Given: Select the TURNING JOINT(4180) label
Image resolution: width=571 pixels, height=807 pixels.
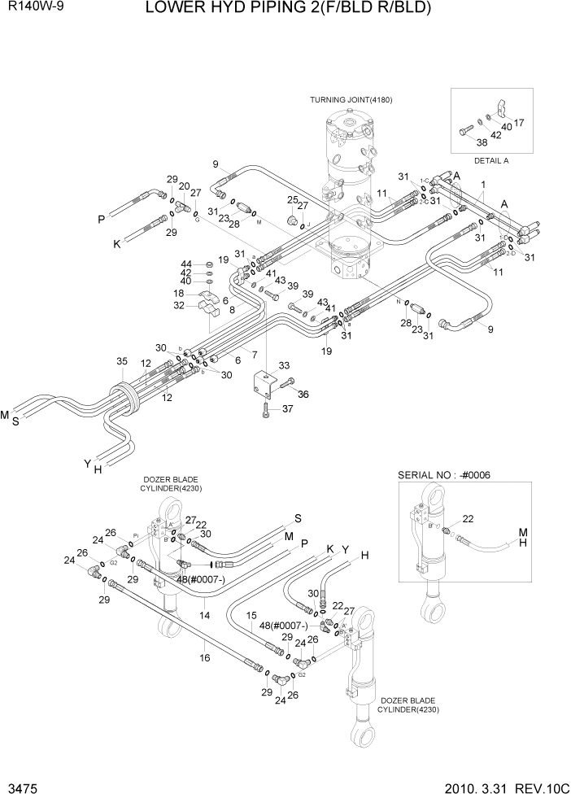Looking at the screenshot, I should [x=351, y=99].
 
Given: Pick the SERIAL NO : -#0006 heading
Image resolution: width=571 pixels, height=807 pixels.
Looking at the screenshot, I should [x=444, y=475].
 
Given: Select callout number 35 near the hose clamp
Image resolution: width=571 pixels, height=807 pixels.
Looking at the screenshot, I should [x=122, y=360].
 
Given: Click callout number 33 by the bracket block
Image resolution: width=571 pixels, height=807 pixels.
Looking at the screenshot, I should [x=284, y=365].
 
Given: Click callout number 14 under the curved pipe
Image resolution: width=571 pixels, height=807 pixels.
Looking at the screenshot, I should [x=205, y=616].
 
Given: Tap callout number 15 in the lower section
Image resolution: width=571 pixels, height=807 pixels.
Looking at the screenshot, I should [x=251, y=615].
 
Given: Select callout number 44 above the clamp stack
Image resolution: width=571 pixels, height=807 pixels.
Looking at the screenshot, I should [x=185, y=264].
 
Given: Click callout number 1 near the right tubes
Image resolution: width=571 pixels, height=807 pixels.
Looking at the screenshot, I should [x=483, y=185].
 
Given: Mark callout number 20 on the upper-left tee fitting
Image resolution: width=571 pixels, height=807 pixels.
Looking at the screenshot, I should [x=184, y=185].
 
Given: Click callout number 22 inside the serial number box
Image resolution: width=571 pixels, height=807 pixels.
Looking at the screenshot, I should [x=468, y=518].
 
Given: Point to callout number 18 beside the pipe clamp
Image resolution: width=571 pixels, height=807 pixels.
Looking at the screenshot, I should [x=177, y=293].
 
